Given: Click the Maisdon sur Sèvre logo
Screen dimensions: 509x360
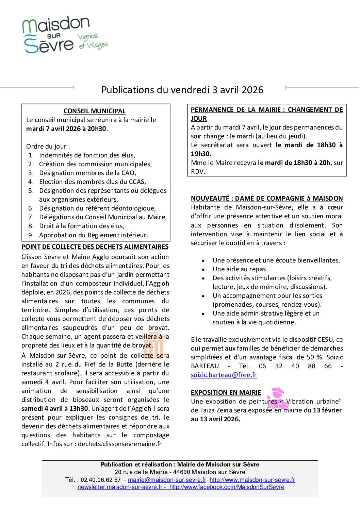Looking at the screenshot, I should coord(65,35).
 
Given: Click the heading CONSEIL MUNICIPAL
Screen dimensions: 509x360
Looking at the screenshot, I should coord(94,111).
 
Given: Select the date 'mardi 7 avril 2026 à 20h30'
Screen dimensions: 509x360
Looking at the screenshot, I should coord(66,129).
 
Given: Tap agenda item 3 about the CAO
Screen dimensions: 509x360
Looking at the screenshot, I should coord(87,173).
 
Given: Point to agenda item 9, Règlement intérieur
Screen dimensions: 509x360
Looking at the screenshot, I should coord(93,235).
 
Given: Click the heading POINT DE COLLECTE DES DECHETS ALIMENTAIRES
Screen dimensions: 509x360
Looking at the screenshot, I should coord(95,247).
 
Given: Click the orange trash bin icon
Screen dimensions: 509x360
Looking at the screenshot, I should coord(154,345).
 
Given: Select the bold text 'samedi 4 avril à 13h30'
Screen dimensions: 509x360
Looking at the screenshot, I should coord(55,409).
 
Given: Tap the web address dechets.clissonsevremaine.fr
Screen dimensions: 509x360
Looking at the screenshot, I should coord(119,444).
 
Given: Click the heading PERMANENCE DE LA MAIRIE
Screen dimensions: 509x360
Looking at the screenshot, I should coord(266,110).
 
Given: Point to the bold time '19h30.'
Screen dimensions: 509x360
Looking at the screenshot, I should coord(201,154).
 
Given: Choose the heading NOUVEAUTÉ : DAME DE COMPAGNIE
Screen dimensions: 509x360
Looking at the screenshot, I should coord(266,199).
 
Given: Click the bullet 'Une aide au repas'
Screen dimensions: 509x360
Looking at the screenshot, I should coord(239,269).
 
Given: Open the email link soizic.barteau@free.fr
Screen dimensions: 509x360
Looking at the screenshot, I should coord(224,375).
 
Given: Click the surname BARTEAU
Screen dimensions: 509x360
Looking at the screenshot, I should coord(205,366).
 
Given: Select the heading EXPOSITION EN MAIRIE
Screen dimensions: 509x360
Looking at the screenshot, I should coord(226,393).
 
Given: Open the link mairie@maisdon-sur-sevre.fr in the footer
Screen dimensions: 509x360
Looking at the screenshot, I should coord(167,480).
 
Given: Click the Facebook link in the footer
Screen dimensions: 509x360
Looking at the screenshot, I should coord(227,487).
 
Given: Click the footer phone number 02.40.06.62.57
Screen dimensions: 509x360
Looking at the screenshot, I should coord(101,480).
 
